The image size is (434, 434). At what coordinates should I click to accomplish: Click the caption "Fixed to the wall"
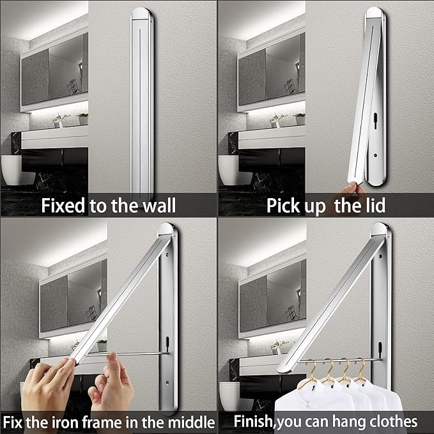(x=109, y=206)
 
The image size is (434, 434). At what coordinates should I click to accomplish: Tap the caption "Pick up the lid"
(x=326, y=206)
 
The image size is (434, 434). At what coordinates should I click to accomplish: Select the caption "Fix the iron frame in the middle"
(x=109, y=422)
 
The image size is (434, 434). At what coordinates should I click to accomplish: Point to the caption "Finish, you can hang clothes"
(x=326, y=422)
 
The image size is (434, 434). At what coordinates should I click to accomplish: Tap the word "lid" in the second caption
(x=373, y=206)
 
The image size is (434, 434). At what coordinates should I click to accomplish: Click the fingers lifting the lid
(x=353, y=188)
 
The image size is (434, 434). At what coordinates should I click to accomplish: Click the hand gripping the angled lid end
(x=48, y=387)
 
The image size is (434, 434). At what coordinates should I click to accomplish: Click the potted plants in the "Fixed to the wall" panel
(x=70, y=119)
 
